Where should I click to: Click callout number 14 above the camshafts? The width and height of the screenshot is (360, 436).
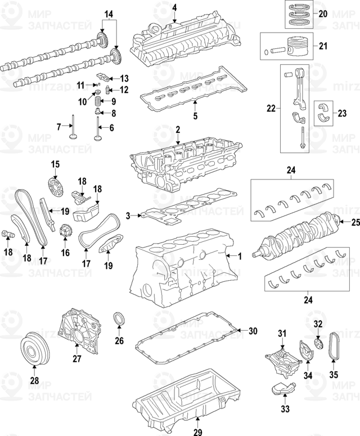pyautogui.click(x=109, y=13)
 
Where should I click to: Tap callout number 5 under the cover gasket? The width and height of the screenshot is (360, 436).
pyautogui.click(x=195, y=117)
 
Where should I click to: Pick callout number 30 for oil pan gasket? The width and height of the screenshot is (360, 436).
pyautogui.click(x=253, y=330)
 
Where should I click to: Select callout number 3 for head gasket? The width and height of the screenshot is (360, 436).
pyautogui.click(x=128, y=215)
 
